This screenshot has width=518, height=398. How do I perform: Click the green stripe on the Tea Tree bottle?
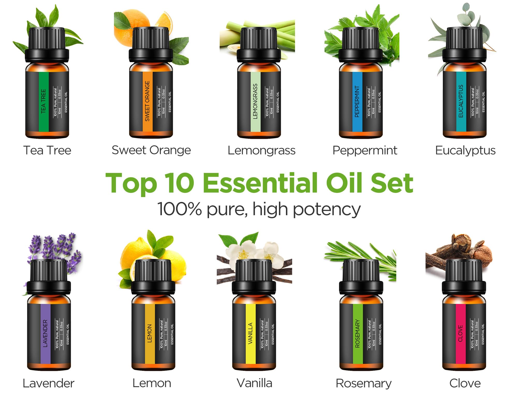44,101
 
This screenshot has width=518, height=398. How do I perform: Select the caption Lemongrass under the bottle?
261,150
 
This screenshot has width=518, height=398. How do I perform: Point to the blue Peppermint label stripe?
357,101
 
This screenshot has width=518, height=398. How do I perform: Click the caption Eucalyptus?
465,150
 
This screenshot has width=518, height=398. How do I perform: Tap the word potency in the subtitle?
327,210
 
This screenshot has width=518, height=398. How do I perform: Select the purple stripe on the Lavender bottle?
45,333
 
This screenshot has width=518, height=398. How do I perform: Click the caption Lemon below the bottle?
152,383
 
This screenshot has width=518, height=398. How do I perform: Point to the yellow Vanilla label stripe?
250,333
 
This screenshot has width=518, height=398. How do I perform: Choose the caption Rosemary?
363,383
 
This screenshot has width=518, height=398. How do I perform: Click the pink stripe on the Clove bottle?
461,333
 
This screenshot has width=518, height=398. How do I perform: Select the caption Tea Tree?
47,150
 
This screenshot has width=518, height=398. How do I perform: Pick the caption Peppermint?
365,150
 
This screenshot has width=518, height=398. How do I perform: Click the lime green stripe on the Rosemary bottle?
358,333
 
